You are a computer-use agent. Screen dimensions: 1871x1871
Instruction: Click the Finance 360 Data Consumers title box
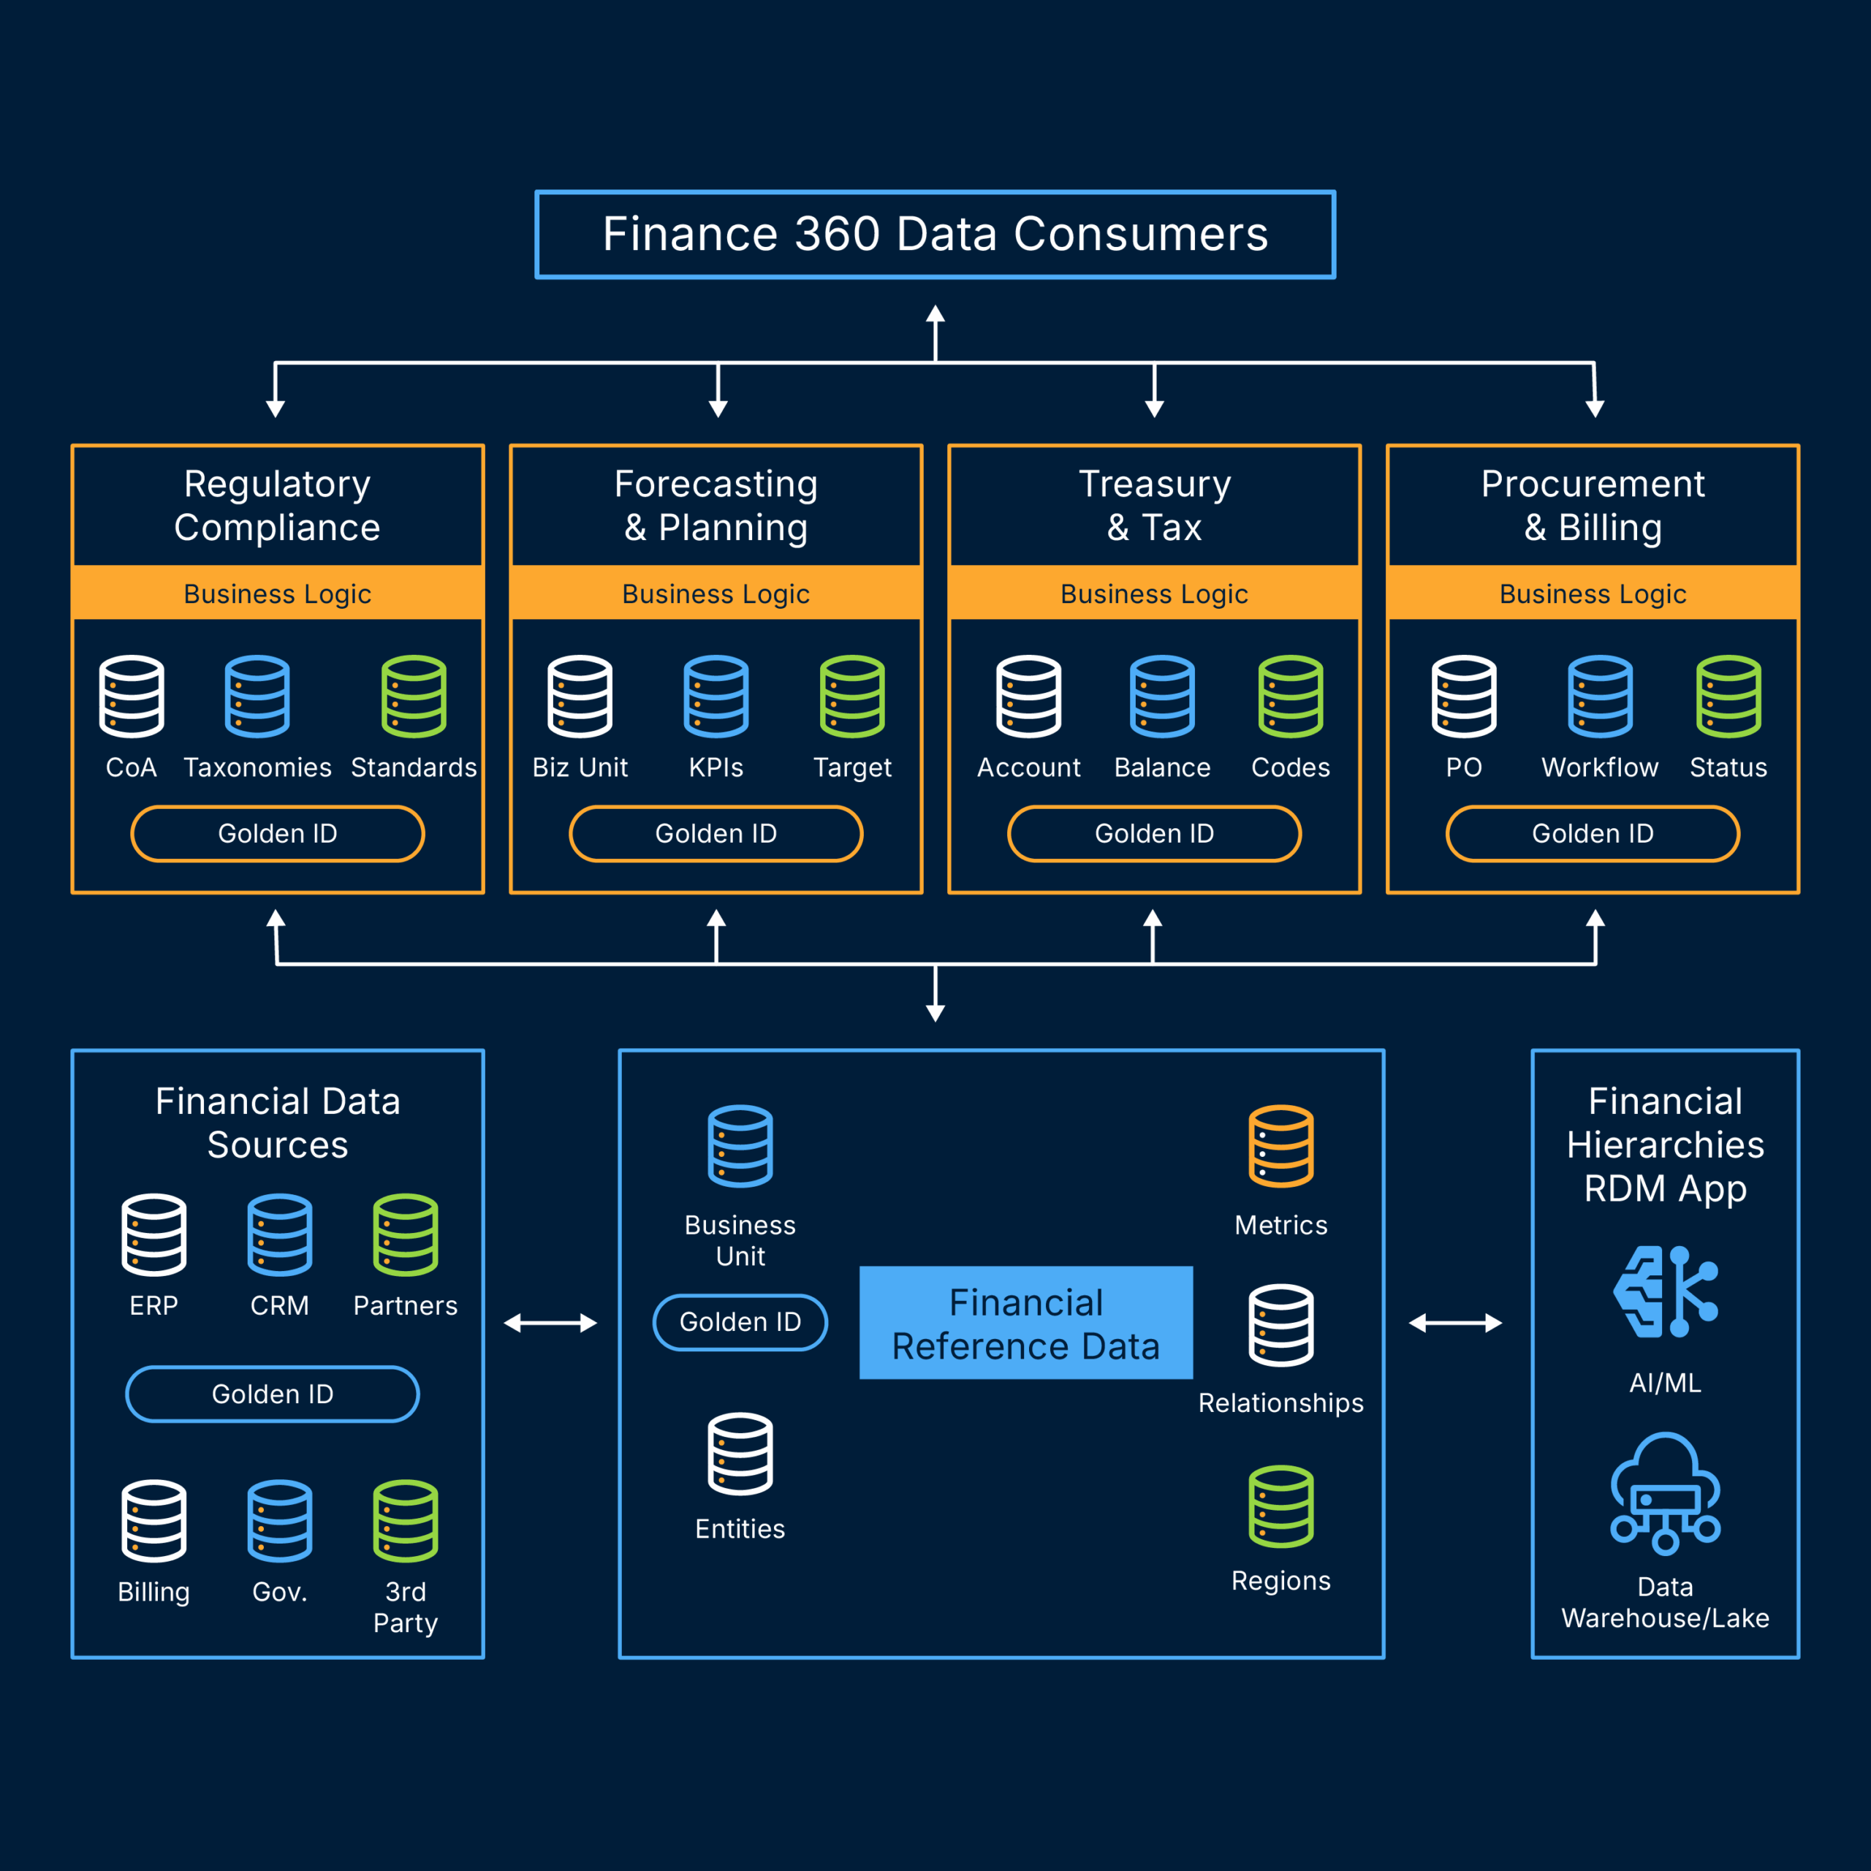point(935,235)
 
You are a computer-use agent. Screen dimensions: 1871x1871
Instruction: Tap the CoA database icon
point(132,697)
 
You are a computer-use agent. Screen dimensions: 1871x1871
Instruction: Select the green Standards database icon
point(414,697)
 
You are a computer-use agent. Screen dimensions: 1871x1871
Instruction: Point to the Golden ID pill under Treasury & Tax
point(1153,833)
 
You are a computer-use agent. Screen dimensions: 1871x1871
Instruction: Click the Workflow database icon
point(1600,697)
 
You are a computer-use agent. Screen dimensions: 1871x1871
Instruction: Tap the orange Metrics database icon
point(1280,1146)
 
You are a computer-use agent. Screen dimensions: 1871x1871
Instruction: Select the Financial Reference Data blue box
point(1025,1323)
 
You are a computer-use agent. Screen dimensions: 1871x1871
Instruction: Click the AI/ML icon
point(1665,1292)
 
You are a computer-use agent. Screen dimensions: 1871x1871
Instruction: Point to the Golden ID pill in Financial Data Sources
point(272,1394)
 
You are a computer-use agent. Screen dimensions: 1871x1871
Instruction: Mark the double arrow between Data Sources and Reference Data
point(550,1323)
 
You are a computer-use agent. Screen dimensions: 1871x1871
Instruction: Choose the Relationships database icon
point(1280,1325)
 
